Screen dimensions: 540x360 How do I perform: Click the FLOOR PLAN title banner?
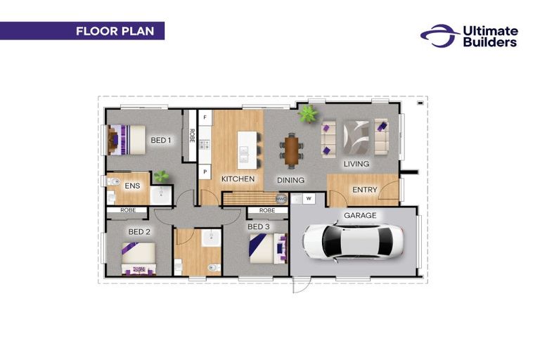pyautogui.click(x=82, y=31)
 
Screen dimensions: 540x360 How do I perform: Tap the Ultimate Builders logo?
pyautogui.click(x=469, y=36)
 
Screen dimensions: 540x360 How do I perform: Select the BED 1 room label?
pyautogui.click(x=161, y=140)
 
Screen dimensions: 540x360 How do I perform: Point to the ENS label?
pyautogui.click(x=132, y=186)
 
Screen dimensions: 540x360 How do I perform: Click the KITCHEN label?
pyautogui.click(x=238, y=179)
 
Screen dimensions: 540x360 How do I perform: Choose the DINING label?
pyautogui.click(x=290, y=180)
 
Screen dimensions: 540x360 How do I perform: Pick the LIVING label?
pyautogui.click(x=356, y=164)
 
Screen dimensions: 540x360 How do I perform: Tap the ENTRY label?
pyautogui.click(x=365, y=189)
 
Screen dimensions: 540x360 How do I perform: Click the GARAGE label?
pyautogui.click(x=360, y=215)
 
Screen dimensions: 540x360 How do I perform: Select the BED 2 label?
pyautogui.click(x=139, y=232)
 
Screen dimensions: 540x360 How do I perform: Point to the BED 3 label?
pyautogui.click(x=259, y=226)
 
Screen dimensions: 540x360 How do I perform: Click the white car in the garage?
pyautogui.click(x=354, y=242)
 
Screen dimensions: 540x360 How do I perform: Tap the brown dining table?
pyautogui.click(x=292, y=150)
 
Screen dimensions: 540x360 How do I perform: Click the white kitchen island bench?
pyautogui.click(x=247, y=150)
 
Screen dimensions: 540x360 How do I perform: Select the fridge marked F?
pyautogui.click(x=205, y=118)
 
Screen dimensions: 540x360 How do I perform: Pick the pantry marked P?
pyautogui.click(x=205, y=172)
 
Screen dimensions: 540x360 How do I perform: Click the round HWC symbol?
pyautogui.click(x=281, y=199)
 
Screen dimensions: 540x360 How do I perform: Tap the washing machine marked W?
pyautogui.click(x=309, y=198)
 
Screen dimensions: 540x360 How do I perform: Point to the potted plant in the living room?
pyautogui.click(x=307, y=113)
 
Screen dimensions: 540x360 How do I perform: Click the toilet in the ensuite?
pyautogui.click(x=113, y=181)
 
